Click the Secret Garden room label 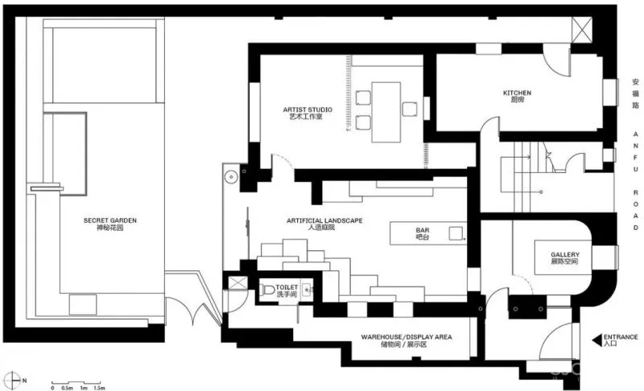point(110,224)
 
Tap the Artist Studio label point(308,113)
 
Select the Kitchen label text point(517,96)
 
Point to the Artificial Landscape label point(324,224)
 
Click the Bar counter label point(422,233)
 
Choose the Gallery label point(565,257)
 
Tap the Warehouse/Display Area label point(407,340)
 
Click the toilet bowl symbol point(268,290)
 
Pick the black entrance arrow point(597,340)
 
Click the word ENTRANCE point(621,337)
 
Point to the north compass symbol point(13,380)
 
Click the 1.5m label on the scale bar point(99,388)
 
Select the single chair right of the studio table point(410,109)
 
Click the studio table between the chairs point(386,112)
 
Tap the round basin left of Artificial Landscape point(232,177)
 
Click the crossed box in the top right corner point(581,30)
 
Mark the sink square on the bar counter point(456,233)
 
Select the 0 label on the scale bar point(52,388)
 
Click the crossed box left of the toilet point(238,283)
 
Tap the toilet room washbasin point(307,290)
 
